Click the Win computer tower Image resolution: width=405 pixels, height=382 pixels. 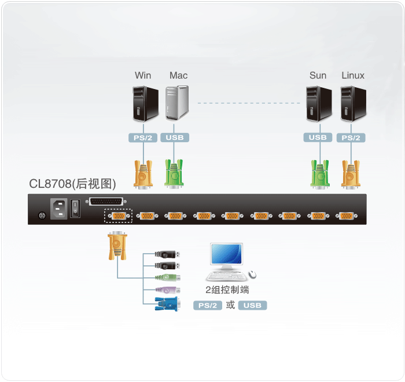click(146, 104)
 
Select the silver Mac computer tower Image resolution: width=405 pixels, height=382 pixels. click(177, 103)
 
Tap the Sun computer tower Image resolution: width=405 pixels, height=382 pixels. click(319, 104)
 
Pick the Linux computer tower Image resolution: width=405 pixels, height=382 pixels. click(354, 104)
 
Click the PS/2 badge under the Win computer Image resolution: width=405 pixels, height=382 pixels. click(143, 138)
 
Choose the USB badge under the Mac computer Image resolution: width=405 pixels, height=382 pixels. click(175, 138)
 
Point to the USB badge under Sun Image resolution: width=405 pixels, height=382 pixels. click(318, 138)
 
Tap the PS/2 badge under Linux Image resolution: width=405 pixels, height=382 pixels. click(351, 138)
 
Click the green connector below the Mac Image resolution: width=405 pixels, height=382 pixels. click(174, 174)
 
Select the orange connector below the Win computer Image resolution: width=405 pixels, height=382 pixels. click(143, 175)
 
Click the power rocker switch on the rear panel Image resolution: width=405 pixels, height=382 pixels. click(75, 208)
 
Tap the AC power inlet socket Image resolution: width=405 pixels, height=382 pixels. click(58, 209)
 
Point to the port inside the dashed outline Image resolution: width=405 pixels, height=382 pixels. click(119, 216)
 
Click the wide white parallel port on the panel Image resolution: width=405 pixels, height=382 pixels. click(106, 202)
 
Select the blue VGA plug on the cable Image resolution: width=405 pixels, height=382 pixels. click(167, 304)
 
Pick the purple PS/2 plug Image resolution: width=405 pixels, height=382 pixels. click(168, 290)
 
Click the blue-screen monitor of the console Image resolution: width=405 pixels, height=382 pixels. click(227, 257)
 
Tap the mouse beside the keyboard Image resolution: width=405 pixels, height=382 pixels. click(252, 275)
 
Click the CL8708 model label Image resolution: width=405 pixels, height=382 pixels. click(72, 184)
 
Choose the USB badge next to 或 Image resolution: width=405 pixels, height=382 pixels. click(252, 305)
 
